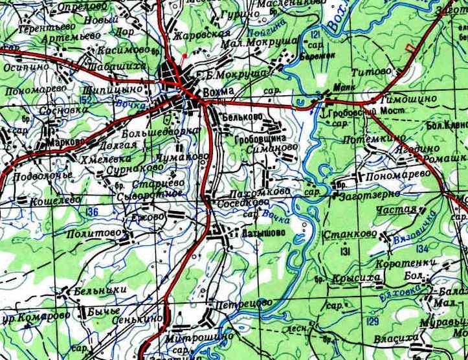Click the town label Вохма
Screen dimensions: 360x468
(218, 92)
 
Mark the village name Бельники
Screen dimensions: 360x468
(100, 291)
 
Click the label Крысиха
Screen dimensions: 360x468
(356, 278)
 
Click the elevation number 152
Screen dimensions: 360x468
(104, 99)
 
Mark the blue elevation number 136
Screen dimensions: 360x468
(92, 212)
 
